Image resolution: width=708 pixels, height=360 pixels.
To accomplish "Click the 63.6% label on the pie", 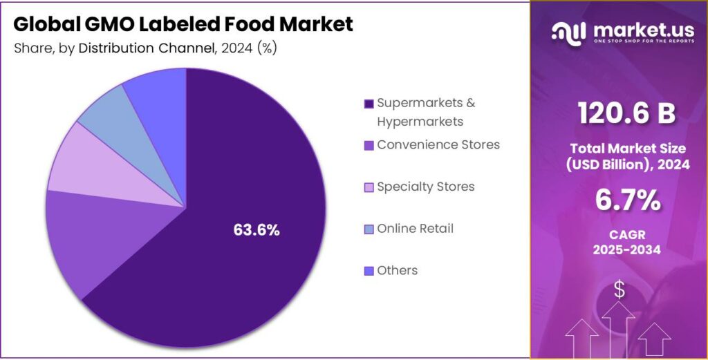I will click(x=257, y=230).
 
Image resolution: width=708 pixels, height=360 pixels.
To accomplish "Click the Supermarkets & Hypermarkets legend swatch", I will click(x=369, y=104).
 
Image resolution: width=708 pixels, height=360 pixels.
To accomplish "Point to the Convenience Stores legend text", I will click(x=438, y=145).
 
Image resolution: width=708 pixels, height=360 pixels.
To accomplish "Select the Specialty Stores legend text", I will click(x=425, y=187).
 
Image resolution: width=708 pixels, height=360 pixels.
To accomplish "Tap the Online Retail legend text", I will click(x=415, y=228).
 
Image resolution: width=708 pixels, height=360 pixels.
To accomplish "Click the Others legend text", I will click(x=397, y=270).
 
